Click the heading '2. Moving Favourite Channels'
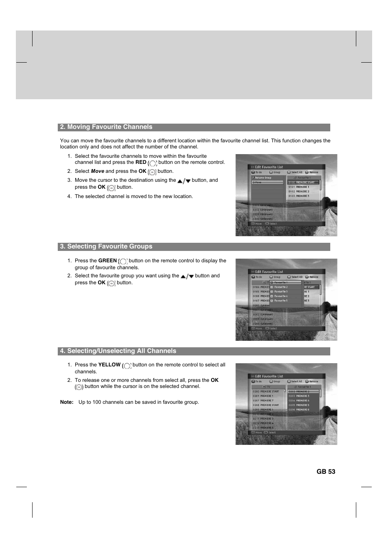point(106,127)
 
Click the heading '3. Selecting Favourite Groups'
point(106,246)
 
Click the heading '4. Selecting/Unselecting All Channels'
point(118,351)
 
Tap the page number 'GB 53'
point(326,472)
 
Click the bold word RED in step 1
point(141,162)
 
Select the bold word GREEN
point(107,261)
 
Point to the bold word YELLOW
point(109,365)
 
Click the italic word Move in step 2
point(97,171)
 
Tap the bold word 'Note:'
point(67,402)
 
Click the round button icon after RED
point(153,163)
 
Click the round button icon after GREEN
point(123,261)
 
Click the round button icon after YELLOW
point(127,366)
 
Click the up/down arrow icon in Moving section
point(184,181)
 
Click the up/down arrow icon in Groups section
point(187,277)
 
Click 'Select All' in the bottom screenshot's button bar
point(296,381)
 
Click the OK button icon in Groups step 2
point(111,283)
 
